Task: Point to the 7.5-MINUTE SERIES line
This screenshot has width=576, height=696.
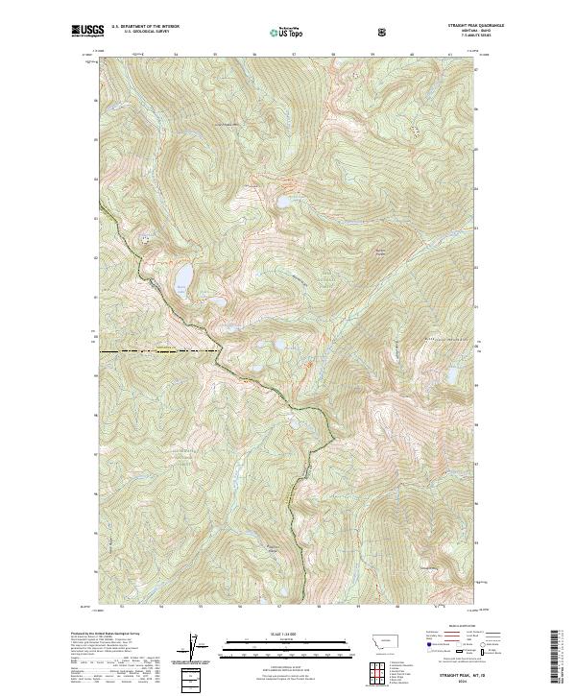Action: coord(462,41)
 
